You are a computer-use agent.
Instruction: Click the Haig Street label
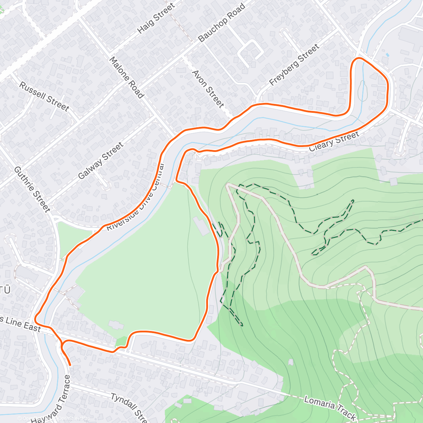(156, 18)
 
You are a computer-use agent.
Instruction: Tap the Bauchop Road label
(221, 23)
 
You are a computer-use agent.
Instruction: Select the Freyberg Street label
(294, 65)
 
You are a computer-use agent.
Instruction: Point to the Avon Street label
(208, 89)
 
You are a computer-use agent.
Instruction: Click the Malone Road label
(127, 78)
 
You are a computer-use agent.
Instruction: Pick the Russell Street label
(44, 96)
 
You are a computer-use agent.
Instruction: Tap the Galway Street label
(101, 161)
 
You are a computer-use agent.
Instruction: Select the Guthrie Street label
(32, 189)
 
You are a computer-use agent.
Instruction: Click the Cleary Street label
(334, 141)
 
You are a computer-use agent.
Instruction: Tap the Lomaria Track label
(329, 408)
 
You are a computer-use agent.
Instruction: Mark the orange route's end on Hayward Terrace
(70, 364)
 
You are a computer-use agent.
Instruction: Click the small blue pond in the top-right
(387, 55)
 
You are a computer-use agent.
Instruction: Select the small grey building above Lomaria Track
(290, 362)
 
